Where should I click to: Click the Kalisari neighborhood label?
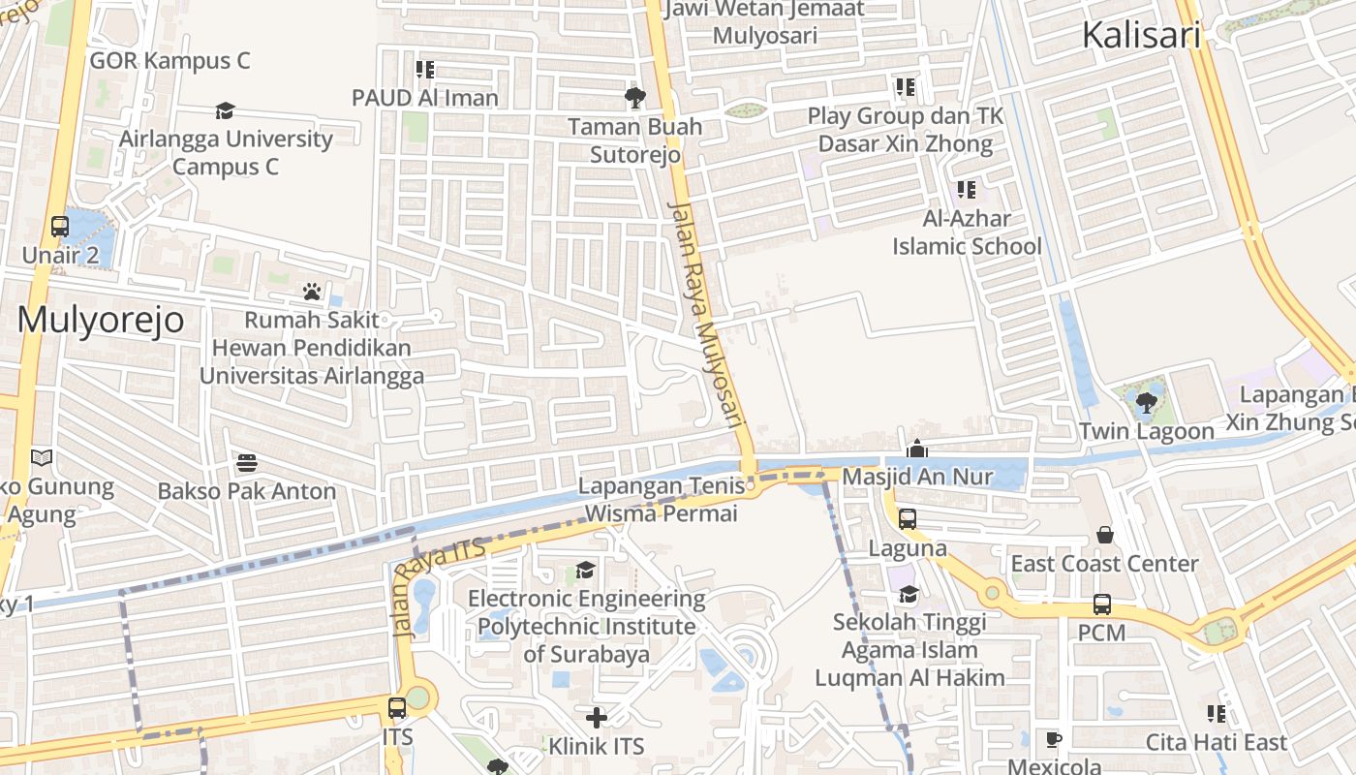[x=1140, y=36]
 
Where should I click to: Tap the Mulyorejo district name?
[x=101, y=320]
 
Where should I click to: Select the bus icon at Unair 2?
[x=60, y=227]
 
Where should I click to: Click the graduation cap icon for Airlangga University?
[x=225, y=111]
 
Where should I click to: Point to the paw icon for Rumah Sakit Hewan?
[x=311, y=291]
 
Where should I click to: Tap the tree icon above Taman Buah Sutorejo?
[x=635, y=97]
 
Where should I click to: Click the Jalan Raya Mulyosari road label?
[x=704, y=315]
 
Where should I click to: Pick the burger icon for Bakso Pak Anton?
[x=247, y=462]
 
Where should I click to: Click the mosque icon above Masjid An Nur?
[x=916, y=449]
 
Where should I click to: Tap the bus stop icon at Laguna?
[x=908, y=519]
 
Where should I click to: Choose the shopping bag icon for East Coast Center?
[x=1104, y=535]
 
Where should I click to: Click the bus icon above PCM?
[x=1102, y=604]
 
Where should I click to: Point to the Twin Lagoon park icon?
[x=1146, y=402]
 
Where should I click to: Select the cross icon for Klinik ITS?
[x=597, y=718]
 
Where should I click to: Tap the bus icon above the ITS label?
[x=397, y=708]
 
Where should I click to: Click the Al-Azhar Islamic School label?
[x=967, y=232]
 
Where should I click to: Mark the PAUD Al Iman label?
[x=424, y=98]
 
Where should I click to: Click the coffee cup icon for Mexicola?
[x=1054, y=740]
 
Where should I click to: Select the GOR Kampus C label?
[x=169, y=61]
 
